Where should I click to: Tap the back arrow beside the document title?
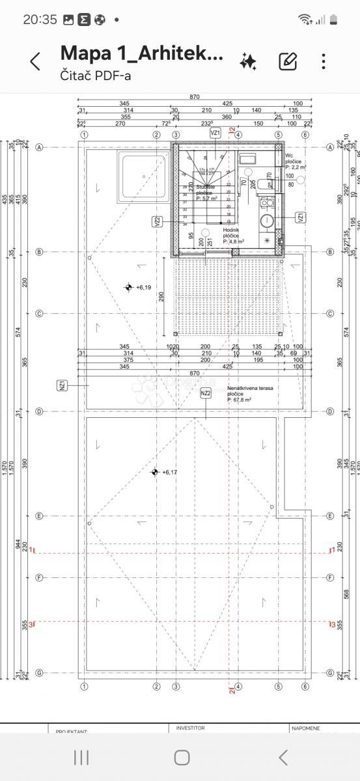[35, 62]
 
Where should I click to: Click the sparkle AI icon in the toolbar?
[248, 62]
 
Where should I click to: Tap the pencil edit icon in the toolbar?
[287, 62]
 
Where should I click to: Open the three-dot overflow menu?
[324, 62]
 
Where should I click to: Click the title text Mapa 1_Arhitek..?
[141, 53]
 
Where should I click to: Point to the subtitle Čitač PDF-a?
[96, 75]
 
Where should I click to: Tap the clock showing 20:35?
[40, 20]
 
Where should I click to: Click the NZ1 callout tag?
[62, 386]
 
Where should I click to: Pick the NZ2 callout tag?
[206, 393]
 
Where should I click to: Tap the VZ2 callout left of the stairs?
[158, 221]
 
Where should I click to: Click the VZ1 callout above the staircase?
[215, 132]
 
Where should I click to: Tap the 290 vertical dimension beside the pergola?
[161, 296]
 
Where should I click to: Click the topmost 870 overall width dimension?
[195, 96]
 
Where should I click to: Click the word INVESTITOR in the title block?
[190, 728]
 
